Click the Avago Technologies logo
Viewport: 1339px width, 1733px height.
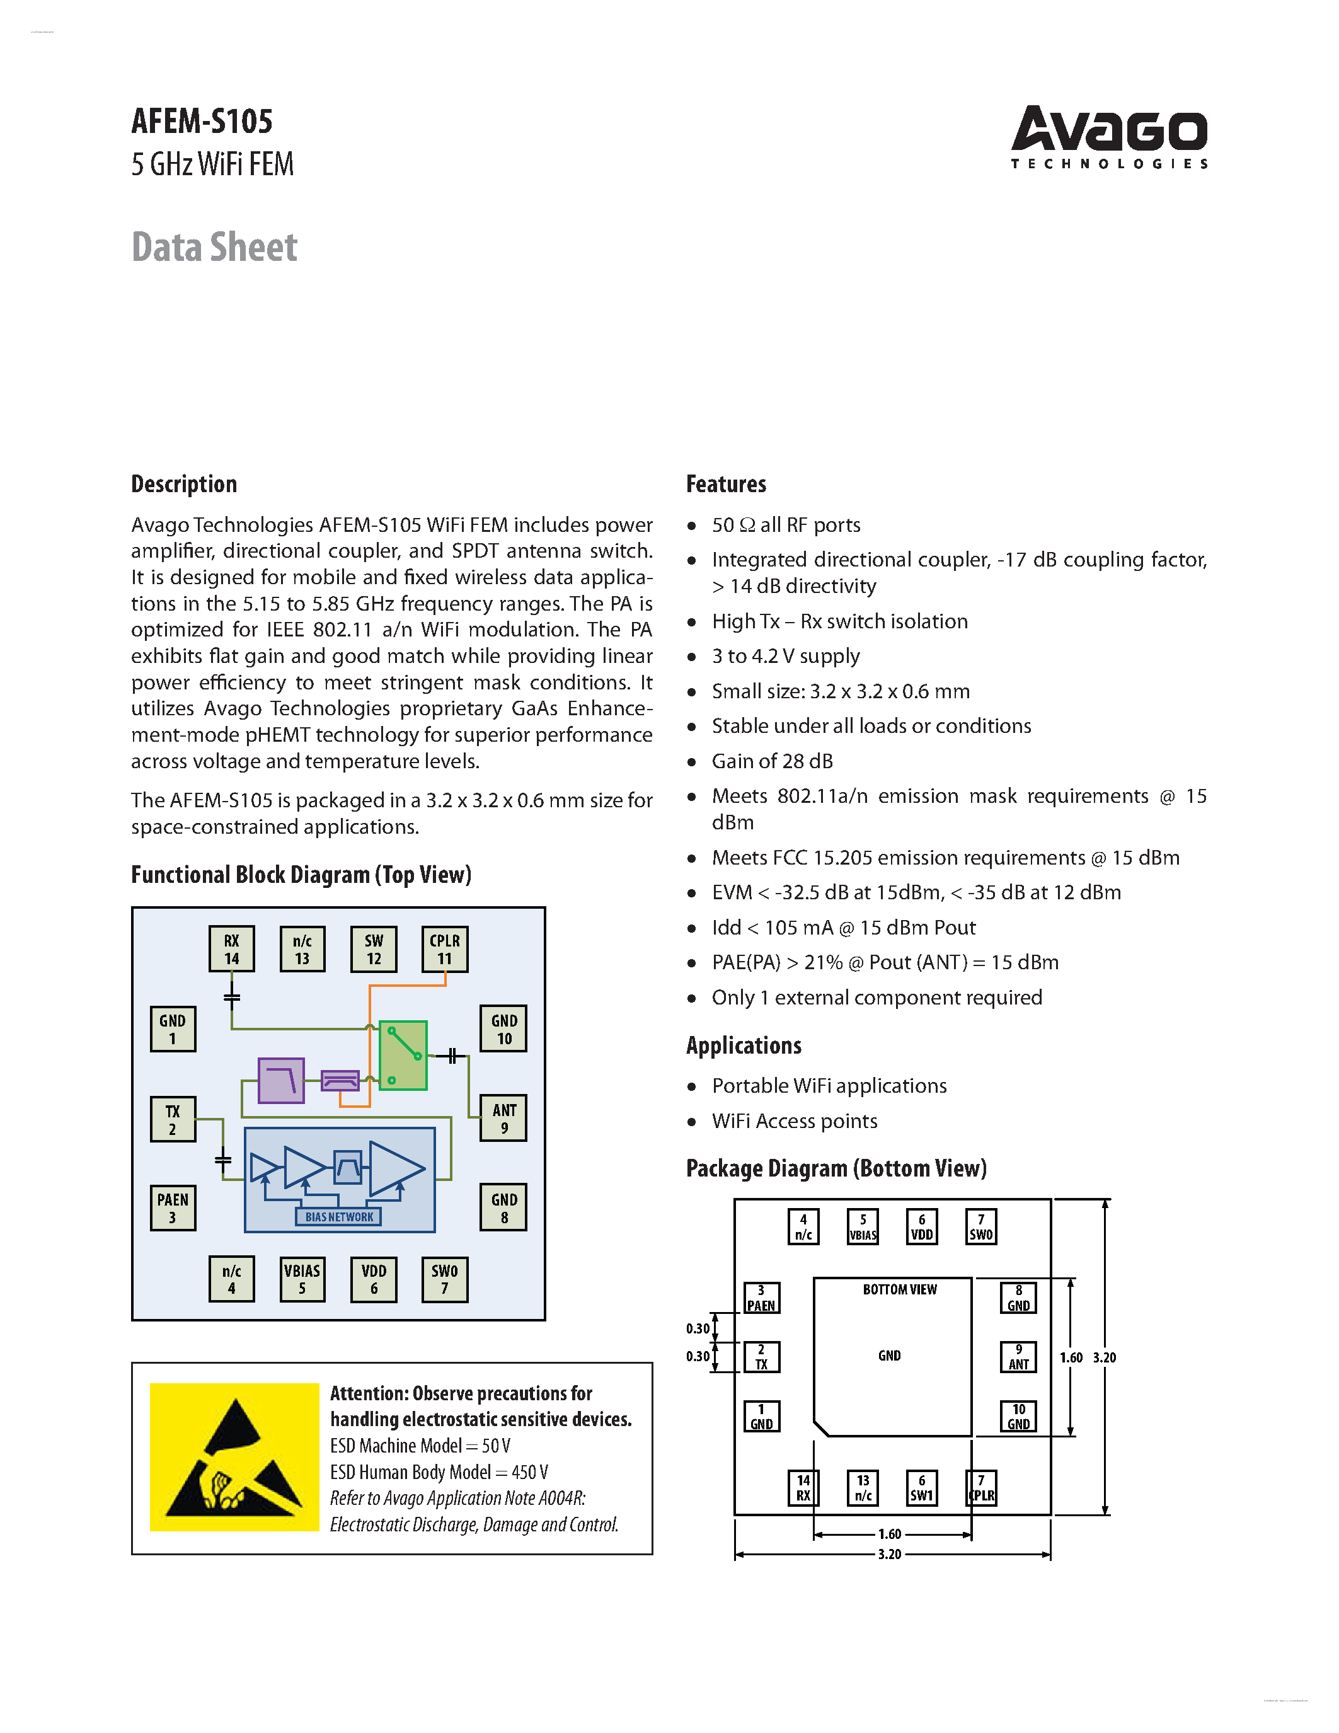(x=1108, y=137)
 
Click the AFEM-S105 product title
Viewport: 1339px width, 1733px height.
(x=202, y=122)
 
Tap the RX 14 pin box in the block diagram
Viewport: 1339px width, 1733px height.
(x=232, y=949)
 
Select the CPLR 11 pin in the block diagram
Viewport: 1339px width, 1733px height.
(x=444, y=949)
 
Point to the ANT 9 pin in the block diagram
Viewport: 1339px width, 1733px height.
(x=503, y=1118)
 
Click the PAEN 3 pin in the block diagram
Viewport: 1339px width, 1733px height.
(x=173, y=1207)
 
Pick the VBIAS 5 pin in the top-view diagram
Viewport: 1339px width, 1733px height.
(x=302, y=1279)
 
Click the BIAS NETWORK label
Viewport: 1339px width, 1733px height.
(x=339, y=1216)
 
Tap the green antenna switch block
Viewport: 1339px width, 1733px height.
(x=403, y=1056)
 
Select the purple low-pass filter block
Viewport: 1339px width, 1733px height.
(x=281, y=1080)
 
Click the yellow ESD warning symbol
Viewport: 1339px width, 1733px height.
(x=235, y=1457)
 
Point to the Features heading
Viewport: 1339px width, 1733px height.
(x=726, y=484)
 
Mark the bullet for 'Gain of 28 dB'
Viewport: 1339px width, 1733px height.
(x=692, y=762)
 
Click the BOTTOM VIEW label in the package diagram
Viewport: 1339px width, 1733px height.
(x=900, y=1289)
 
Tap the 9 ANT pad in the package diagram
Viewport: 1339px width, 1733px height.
(x=1018, y=1357)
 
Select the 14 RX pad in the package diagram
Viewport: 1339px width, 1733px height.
(x=803, y=1488)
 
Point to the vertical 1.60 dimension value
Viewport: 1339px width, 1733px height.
(x=1071, y=1357)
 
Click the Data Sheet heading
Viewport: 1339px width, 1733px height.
(x=214, y=247)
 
